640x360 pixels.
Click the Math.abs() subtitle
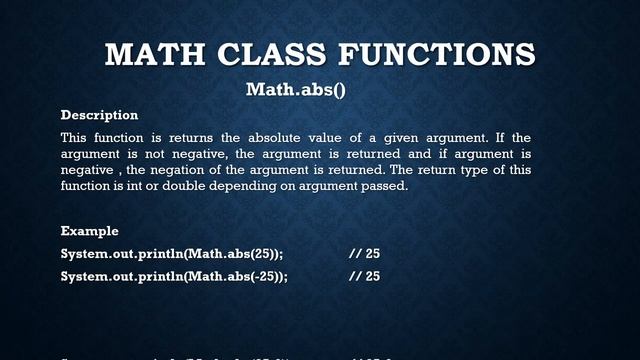tap(295, 89)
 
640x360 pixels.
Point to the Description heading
tap(99, 115)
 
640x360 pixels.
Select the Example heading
tap(90, 231)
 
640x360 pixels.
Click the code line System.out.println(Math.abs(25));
tap(171, 254)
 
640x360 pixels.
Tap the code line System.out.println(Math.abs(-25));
tap(174, 276)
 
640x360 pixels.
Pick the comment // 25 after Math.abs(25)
tap(364, 254)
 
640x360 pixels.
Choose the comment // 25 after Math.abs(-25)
tap(364, 276)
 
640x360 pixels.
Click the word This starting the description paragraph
tap(75, 137)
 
